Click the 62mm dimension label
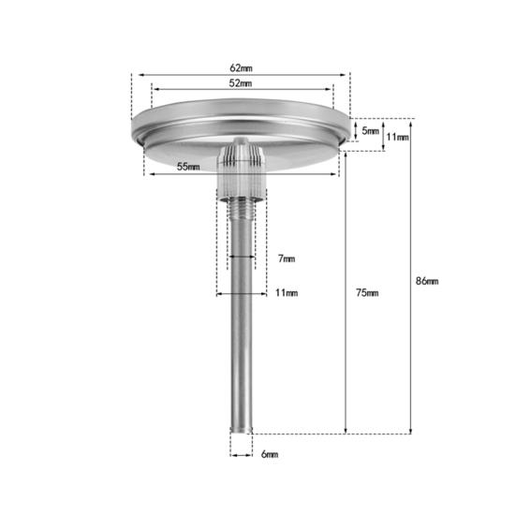241,68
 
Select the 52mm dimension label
241,83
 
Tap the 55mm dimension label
188,167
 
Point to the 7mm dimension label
287,258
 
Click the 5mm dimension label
371,131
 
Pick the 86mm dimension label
427,281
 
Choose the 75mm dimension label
367,292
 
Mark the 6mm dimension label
270,454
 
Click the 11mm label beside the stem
287,292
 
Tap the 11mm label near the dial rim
397,137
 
